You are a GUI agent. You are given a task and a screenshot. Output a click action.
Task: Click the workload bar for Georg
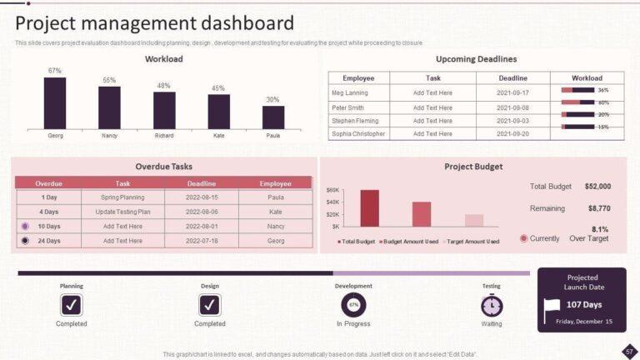click(55, 102)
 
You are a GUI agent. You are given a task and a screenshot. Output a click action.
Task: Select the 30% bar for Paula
click(272, 117)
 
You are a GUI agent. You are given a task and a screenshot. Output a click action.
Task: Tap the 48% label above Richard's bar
click(163, 86)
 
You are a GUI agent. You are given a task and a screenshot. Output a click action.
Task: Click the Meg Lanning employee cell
click(349, 92)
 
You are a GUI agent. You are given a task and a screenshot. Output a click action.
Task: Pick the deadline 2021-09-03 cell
click(512, 121)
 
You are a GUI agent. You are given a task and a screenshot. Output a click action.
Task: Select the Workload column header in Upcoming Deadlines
click(586, 77)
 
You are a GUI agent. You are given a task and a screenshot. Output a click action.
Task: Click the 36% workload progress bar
click(577, 90)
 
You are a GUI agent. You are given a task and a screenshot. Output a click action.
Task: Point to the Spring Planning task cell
click(122, 197)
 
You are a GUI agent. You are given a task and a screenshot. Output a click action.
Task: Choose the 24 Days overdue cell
click(49, 241)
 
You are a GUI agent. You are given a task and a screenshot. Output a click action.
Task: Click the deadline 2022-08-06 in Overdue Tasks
click(202, 212)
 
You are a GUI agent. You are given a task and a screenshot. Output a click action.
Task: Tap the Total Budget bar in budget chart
click(370, 208)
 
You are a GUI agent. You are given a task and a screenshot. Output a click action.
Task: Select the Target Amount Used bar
click(474, 220)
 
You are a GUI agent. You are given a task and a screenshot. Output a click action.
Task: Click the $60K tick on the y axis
click(332, 190)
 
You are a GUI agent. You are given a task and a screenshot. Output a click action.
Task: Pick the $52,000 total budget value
click(597, 187)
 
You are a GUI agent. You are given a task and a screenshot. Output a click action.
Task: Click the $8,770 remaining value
click(598, 208)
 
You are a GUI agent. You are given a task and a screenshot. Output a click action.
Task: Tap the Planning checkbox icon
click(72, 305)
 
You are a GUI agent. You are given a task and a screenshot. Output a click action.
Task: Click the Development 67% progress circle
click(353, 305)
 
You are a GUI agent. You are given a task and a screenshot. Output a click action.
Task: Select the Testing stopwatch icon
click(492, 305)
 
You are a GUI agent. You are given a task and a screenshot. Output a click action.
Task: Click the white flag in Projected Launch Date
click(552, 308)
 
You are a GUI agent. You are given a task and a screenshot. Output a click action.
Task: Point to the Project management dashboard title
click(155, 22)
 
